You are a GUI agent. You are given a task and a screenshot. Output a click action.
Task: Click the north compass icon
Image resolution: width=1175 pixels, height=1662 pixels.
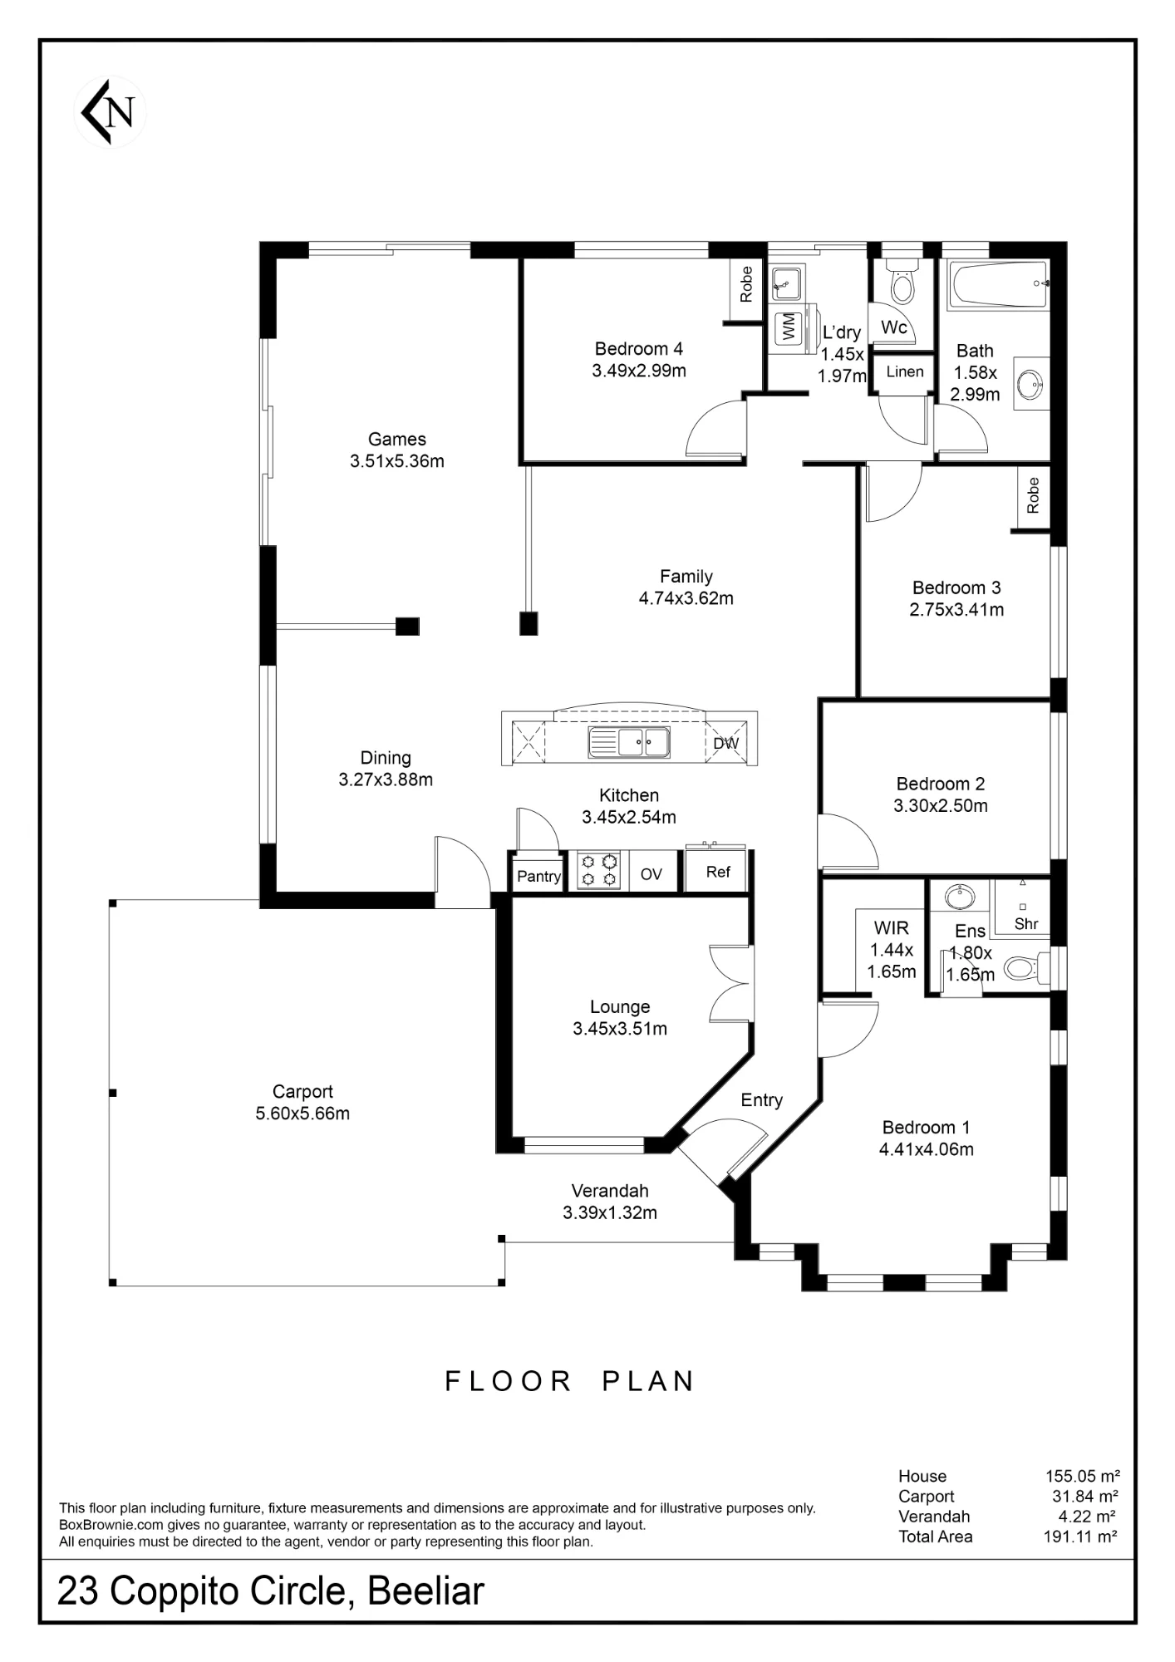(x=110, y=111)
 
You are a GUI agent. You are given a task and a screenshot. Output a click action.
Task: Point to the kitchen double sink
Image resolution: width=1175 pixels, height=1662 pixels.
(x=629, y=741)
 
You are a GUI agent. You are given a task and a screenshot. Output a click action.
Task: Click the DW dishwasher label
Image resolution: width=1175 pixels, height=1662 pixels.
(x=725, y=744)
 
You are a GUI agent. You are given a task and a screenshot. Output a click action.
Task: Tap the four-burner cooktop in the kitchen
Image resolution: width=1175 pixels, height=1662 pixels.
(x=599, y=870)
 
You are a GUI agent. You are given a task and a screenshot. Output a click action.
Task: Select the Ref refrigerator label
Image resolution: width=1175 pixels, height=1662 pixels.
(x=718, y=872)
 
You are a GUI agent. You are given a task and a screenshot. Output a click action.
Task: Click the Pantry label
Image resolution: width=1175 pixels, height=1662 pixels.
(x=538, y=876)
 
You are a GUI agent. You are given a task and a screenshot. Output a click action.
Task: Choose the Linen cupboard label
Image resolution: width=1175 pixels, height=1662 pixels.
(x=905, y=371)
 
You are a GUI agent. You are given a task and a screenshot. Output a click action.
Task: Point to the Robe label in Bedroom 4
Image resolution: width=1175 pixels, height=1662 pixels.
(x=746, y=283)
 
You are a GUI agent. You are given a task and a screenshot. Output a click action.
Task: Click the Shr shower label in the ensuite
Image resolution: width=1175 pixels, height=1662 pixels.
(x=1026, y=923)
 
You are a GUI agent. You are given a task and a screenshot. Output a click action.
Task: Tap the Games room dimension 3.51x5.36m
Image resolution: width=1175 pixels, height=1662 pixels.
(x=397, y=461)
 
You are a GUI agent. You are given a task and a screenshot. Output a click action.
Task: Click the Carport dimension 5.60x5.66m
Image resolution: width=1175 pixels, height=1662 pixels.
(x=302, y=1114)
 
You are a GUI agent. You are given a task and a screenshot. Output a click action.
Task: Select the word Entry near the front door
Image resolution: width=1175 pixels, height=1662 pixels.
(x=762, y=1100)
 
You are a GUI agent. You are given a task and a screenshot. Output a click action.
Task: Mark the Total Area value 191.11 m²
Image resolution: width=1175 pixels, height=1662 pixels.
(x=1080, y=1537)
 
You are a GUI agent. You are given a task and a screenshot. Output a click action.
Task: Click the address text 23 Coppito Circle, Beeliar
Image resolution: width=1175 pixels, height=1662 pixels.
(x=271, y=1591)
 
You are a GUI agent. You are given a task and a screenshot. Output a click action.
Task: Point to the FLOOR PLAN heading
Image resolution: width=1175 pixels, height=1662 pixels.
(x=570, y=1381)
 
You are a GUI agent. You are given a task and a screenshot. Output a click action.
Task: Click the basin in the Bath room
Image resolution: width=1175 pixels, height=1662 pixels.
(x=1031, y=385)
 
